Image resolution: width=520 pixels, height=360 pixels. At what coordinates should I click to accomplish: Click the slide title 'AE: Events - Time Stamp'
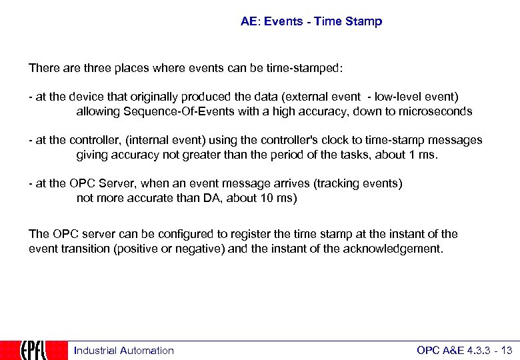point(311,21)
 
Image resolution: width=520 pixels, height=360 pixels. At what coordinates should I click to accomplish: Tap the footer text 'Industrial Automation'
point(123,351)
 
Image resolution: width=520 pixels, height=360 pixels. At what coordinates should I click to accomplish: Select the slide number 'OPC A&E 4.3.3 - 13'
point(464,351)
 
